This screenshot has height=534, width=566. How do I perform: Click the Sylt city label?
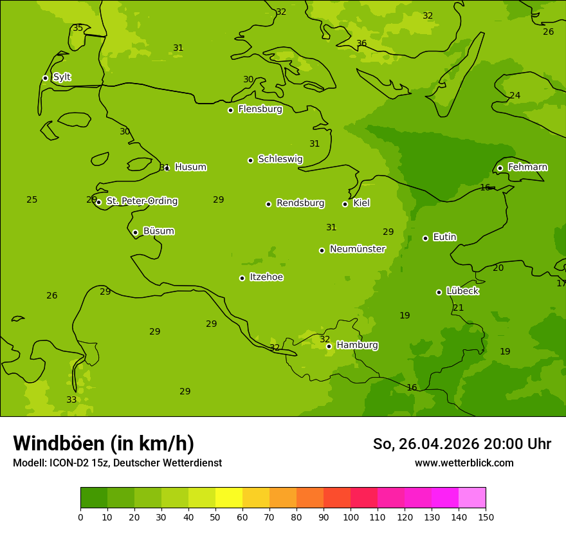coord(62,77)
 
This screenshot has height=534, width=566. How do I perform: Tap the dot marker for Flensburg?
coord(230,110)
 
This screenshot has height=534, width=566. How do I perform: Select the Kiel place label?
coord(361,203)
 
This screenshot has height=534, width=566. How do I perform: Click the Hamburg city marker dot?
coord(329,346)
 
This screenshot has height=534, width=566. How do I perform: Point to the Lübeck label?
coord(462,291)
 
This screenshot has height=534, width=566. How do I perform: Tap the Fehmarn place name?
coord(527,167)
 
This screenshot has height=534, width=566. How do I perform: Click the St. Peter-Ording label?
coord(141,201)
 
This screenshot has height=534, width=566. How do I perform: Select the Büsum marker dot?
coord(135,232)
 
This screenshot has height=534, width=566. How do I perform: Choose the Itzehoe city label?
coord(266,277)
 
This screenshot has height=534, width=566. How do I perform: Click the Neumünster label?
coord(358,249)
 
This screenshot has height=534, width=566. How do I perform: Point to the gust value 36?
coord(361,44)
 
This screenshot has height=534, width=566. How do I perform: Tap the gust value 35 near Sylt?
coord(78,28)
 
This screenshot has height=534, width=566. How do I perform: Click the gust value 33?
coord(71,400)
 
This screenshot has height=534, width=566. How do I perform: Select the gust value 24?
coord(515,96)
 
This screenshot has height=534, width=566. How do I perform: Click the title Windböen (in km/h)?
coord(104,443)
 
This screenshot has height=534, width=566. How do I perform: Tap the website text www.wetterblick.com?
coord(464,463)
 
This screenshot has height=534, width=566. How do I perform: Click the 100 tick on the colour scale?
coord(351,517)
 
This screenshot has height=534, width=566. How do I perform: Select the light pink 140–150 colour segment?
coord(472,498)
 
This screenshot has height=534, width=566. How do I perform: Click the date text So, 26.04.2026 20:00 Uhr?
coord(462,444)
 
